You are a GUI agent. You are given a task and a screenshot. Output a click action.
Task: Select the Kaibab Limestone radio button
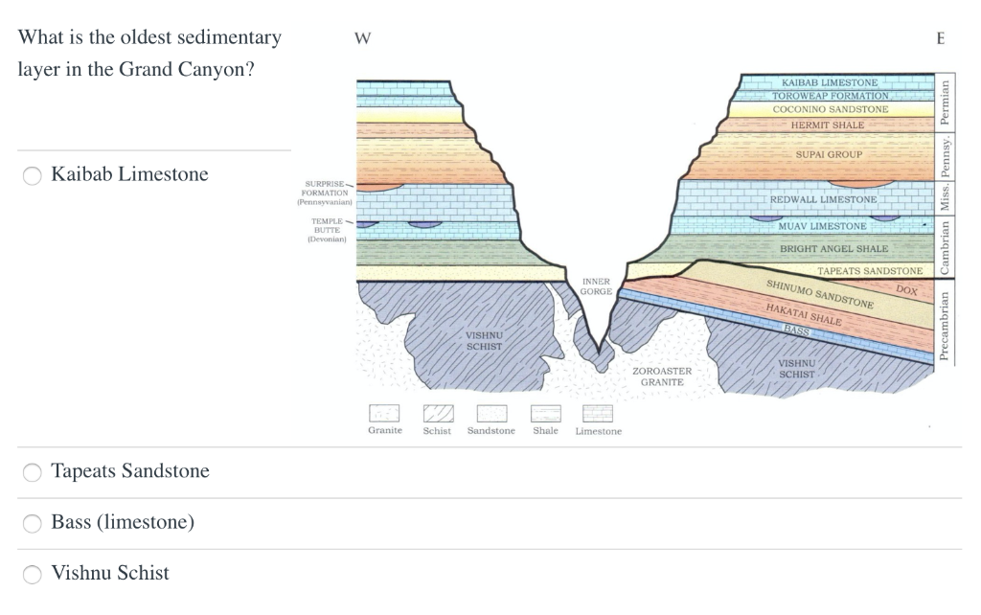pyautogui.click(x=33, y=175)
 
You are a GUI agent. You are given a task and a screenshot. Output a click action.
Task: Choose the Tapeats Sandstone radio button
pyautogui.click(x=33, y=471)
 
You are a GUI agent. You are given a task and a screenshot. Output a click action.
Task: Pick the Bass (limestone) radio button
pyautogui.click(x=33, y=523)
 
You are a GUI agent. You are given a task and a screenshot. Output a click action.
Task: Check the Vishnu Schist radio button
pyautogui.click(x=33, y=574)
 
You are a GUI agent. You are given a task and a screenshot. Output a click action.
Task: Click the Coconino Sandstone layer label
pyautogui.click(x=831, y=109)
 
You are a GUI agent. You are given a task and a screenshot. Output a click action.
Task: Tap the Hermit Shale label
pyautogui.click(x=827, y=125)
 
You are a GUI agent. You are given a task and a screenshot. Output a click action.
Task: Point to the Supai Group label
pyautogui.click(x=829, y=154)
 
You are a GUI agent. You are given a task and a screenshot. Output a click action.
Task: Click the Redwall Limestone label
pyautogui.click(x=823, y=199)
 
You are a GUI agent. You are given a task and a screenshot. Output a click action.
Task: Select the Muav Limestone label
pyautogui.click(x=822, y=226)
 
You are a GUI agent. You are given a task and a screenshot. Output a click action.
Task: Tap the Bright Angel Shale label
pyautogui.click(x=820, y=249)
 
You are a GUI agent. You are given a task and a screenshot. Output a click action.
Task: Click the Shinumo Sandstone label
pyautogui.click(x=820, y=294)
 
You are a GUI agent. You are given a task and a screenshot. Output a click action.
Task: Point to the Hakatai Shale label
pyautogui.click(x=803, y=313)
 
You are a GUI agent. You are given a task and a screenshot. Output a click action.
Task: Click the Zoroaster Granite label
pyautogui.click(x=662, y=376)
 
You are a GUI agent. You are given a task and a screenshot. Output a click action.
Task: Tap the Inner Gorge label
pyautogui.click(x=596, y=285)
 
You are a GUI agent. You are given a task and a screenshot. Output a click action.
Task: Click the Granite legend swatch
pyautogui.click(x=384, y=413)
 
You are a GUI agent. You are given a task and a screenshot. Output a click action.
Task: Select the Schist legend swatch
pyautogui.click(x=438, y=413)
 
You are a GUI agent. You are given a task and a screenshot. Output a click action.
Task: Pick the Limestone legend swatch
pyautogui.click(x=598, y=413)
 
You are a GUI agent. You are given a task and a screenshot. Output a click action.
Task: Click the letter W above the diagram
pyautogui.click(x=362, y=39)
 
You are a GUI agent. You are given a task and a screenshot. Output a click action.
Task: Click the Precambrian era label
pyautogui.click(x=945, y=326)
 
